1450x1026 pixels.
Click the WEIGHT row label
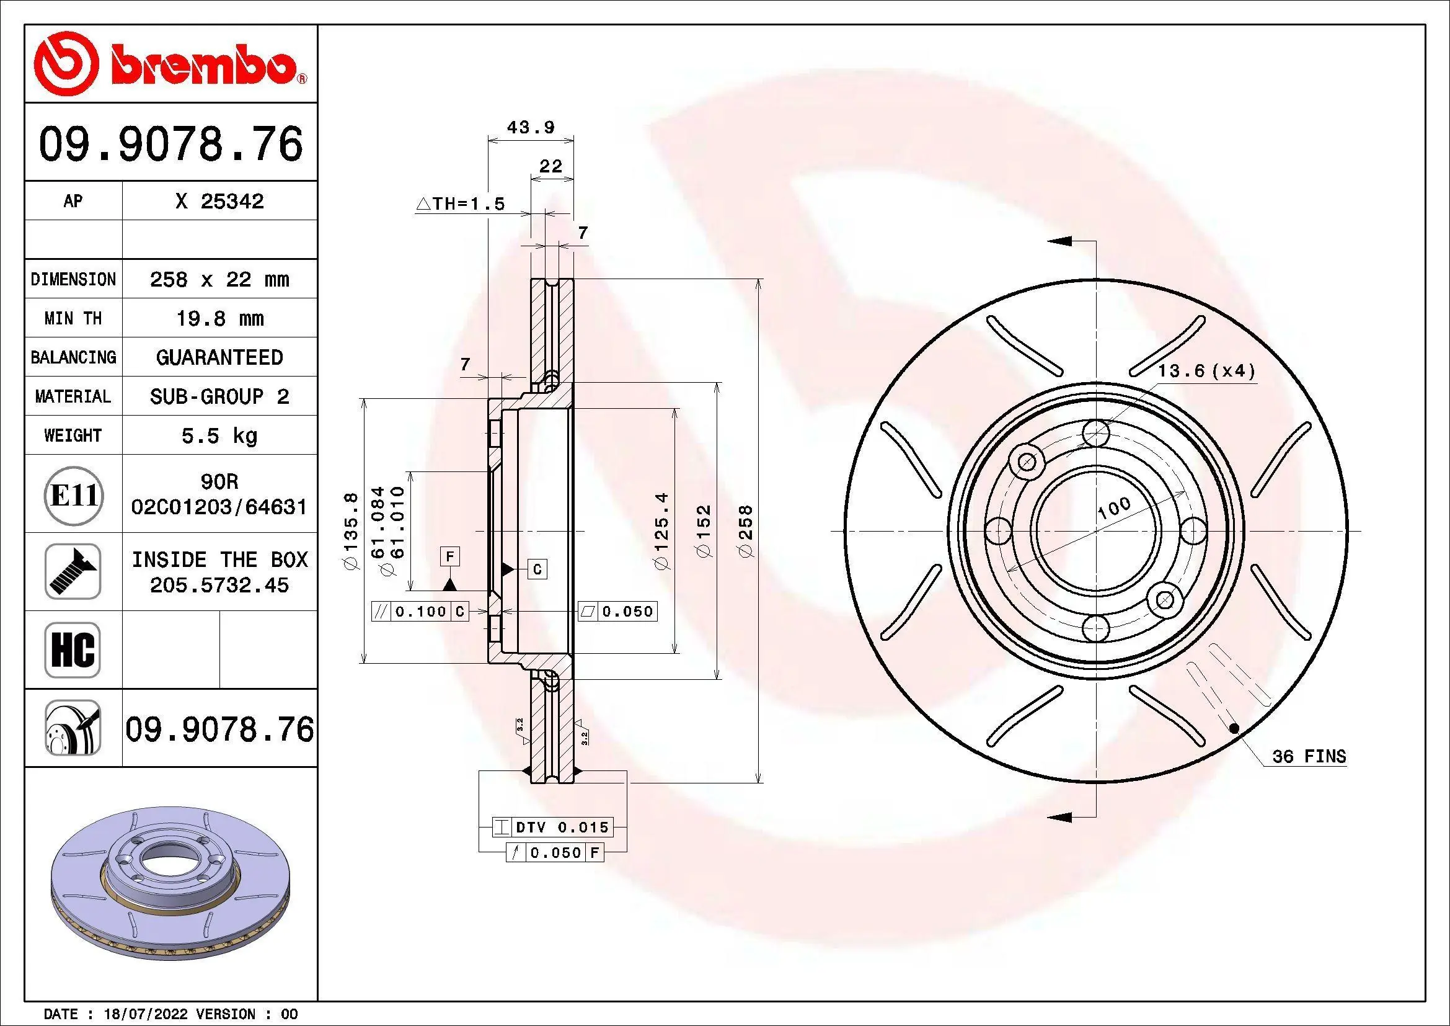(x=73, y=435)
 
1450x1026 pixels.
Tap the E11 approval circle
(x=73, y=494)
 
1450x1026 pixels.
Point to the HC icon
(x=73, y=649)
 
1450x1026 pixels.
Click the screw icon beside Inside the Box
(x=73, y=572)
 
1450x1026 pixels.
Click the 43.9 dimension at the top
(x=531, y=127)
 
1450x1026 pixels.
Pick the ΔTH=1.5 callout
(x=461, y=204)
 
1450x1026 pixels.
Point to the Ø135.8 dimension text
(x=351, y=531)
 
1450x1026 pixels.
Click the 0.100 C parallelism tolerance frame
(x=420, y=611)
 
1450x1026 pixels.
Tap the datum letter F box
(x=449, y=556)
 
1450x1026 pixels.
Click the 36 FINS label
(x=1309, y=756)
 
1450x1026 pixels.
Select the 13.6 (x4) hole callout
(x=1206, y=371)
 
